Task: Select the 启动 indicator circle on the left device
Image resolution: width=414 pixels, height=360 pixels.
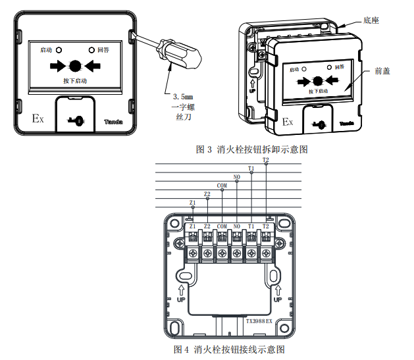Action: (x=59, y=49)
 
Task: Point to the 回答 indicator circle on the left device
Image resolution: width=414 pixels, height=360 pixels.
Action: (x=92, y=49)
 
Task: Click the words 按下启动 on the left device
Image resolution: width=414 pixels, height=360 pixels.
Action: (x=75, y=80)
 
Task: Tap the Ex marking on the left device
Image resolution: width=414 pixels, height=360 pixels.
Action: (x=38, y=119)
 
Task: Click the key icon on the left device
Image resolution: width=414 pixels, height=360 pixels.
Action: (x=74, y=120)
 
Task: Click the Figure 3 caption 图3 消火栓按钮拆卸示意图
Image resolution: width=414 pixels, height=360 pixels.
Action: (x=252, y=149)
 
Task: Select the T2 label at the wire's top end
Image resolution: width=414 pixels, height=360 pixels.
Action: (x=266, y=160)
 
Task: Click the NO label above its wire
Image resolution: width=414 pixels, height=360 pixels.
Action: (x=236, y=178)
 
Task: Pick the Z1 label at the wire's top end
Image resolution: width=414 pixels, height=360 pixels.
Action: (x=192, y=202)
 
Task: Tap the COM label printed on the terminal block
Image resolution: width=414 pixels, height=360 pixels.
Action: (x=222, y=226)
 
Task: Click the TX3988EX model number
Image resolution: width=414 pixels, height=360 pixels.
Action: (x=259, y=322)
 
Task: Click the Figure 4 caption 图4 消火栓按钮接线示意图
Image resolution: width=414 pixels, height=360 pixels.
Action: (x=230, y=349)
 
